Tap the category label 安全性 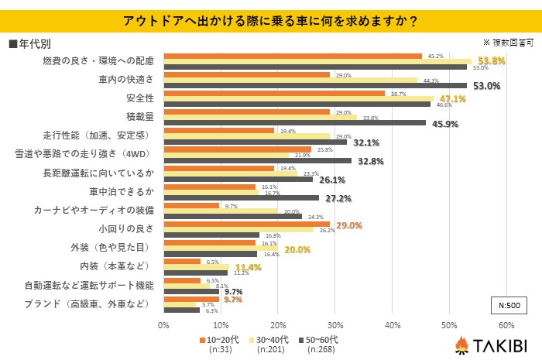point(140,98)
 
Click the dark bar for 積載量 point(294,122)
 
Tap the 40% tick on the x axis point(392,324)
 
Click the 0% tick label point(163,324)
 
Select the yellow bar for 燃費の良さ point(317,61)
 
